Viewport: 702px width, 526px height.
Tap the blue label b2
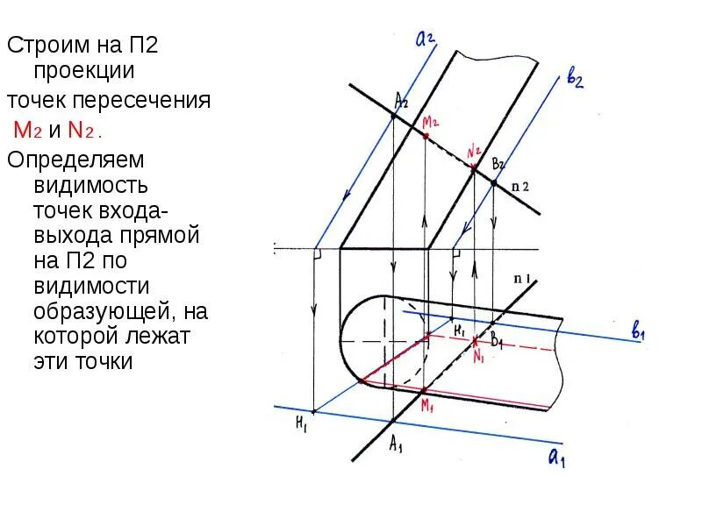pos(575,82)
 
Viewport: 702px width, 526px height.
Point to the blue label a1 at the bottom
pos(556,457)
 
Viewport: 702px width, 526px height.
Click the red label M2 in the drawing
pos(432,122)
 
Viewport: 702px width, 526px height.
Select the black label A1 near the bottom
pos(398,444)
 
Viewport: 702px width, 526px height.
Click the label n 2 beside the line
pos(520,186)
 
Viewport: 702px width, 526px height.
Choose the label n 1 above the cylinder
pos(524,279)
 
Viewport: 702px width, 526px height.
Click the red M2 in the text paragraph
pos(24,131)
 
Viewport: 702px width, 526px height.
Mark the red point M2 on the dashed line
pos(426,136)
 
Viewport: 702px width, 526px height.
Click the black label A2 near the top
pos(401,100)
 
